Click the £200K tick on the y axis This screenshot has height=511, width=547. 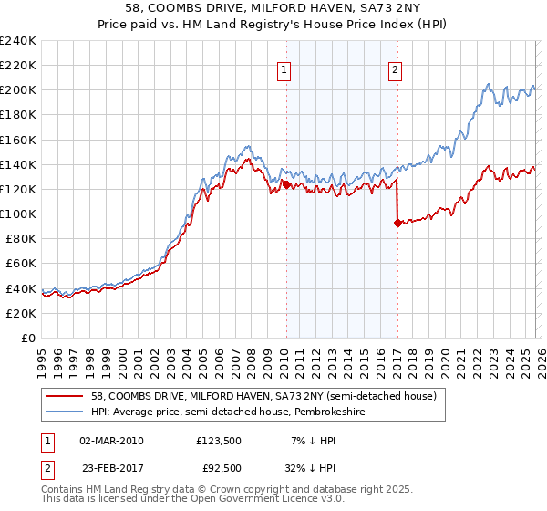click(x=17, y=90)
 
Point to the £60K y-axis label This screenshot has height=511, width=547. click(x=21, y=264)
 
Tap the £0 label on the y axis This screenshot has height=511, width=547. click(x=29, y=338)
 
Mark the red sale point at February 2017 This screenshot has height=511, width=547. click(x=397, y=223)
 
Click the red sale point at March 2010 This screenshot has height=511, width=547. click(x=285, y=184)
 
